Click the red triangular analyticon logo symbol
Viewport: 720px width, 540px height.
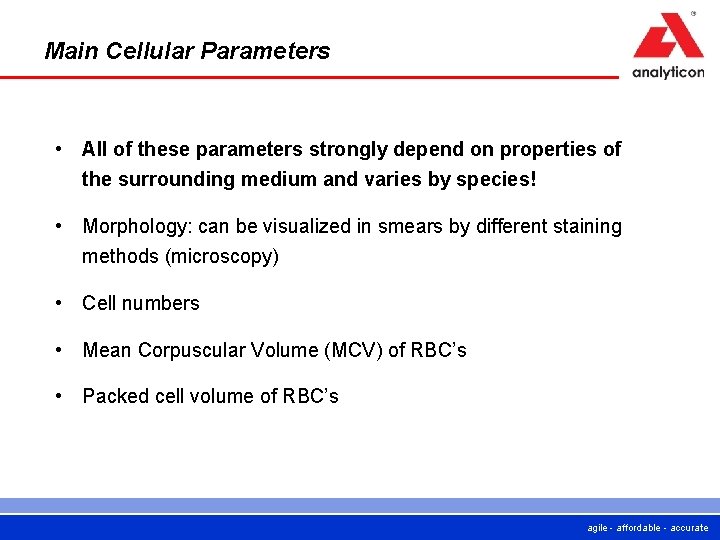pos(668,38)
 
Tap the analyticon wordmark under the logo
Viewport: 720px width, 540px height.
pos(668,72)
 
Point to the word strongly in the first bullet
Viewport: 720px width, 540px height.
pos(344,149)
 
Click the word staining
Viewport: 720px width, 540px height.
pos(585,227)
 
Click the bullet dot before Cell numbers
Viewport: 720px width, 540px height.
pos(61,302)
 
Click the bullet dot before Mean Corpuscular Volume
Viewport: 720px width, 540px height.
pos(61,349)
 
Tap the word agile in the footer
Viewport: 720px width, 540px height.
pos(598,528)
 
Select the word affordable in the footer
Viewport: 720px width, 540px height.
pos(639,528)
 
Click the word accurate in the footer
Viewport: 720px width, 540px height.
pos(689,528)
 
